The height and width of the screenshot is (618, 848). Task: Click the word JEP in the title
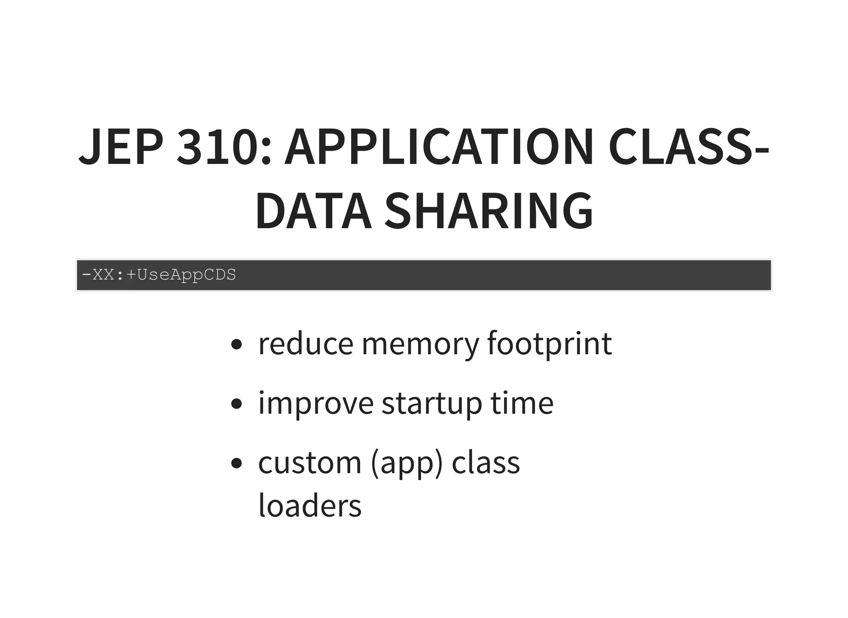point(120,147)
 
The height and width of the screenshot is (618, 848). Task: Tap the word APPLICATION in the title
point(439,147)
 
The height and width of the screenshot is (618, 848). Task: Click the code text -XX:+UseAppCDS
point(159,275)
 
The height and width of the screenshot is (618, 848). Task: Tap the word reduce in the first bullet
point(306,343)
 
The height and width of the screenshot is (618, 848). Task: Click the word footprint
point(549,343)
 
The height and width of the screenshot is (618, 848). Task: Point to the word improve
point(316,403)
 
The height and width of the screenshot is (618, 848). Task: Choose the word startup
point(432,403)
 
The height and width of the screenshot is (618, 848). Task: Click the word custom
point(310,463)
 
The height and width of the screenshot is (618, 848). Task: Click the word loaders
point(310,506)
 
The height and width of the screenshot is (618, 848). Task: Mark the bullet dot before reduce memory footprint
point(236,345)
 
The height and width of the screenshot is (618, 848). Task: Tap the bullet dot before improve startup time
point(236,404)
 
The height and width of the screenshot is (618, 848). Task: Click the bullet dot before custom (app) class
point(236,463)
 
